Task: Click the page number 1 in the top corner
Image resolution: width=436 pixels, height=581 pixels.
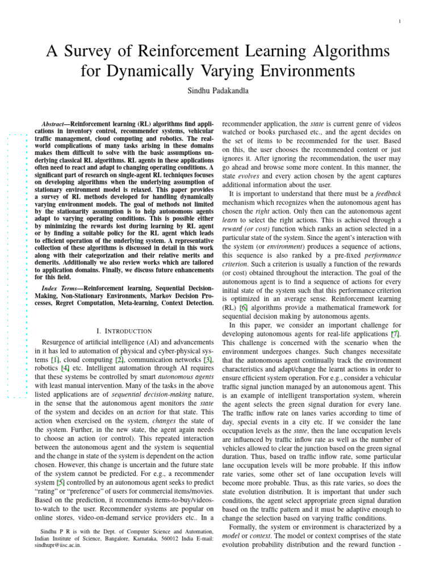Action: click(401, 22)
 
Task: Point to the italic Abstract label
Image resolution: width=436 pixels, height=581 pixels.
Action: click(56, 123)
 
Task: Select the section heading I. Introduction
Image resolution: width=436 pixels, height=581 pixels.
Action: click(125, 331)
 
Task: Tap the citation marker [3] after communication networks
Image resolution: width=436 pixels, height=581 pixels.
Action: click(208, 360)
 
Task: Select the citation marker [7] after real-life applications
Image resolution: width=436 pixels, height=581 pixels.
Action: click(395, 334)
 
